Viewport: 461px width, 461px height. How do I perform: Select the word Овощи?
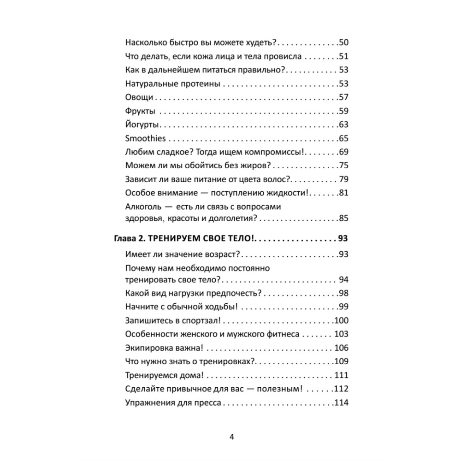click(x=139, y=97)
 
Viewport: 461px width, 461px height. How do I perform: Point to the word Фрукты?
click(x=140, y=111)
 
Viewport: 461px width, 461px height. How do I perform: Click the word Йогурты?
click(x=142, y=124)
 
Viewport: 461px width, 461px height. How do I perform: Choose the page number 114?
click(x=341, y=402)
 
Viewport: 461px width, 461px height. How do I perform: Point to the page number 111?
click(x=341, y=375)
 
